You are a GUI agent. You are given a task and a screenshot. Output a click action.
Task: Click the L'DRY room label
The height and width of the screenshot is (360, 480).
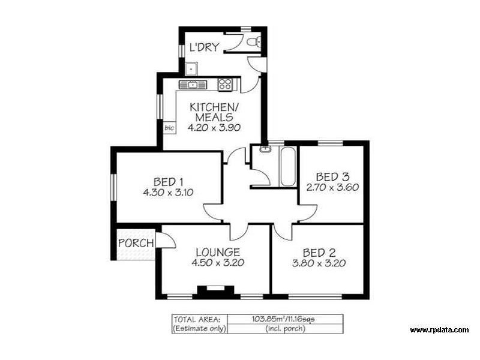[205, 47]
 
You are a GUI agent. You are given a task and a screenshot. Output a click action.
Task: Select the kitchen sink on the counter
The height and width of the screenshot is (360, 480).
[193, 85]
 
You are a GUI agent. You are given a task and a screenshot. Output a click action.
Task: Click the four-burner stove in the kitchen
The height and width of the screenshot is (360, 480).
[225, 85]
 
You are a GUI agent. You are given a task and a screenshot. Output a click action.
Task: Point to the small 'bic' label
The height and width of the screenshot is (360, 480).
[169, 128]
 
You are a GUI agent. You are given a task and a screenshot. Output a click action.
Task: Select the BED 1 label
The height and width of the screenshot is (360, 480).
[169, 181]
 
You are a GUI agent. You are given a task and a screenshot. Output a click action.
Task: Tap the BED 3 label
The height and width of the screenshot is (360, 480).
[332, 176]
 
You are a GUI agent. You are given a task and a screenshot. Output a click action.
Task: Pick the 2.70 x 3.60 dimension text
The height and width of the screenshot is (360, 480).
[332, 187]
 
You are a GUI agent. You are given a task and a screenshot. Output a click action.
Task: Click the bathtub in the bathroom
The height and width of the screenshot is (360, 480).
[287, 166]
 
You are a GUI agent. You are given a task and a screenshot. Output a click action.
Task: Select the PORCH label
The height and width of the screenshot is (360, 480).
[136, 243]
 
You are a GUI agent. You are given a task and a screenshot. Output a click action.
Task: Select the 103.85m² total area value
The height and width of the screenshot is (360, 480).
[275, 319]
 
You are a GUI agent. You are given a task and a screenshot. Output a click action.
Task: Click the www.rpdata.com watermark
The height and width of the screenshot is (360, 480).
[439, 330]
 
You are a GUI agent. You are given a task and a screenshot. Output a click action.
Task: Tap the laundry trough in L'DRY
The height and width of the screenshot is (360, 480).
[190, 67]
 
